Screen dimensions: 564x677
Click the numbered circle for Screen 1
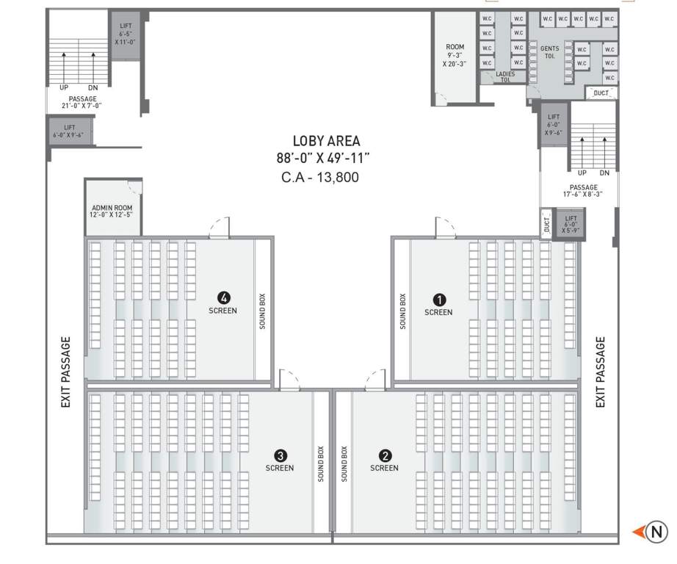pyautogui.click(x=438, y=300)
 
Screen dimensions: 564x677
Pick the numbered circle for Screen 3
pyautogui.click(x=279, y=455)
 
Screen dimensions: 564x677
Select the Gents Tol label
pyautogui.click(x=549, y=52)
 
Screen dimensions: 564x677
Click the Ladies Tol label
pyautogui.click(x=504, y=76)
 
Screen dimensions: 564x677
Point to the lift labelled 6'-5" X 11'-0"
pyautogui.click(x=126, y=35)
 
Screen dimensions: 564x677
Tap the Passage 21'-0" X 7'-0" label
pyautogui.click(x=82, y=102)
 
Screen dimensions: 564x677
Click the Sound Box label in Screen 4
pyautogui.click(x=263, y=311)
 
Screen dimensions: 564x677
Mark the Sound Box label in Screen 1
pyautogui.click(x=402, y=311)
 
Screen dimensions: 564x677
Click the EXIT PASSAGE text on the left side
pyautogui.click(x=66, y=372)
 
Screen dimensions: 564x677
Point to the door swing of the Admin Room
pyautogui.click(x=134, y=185)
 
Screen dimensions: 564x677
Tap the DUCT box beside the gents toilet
pyautogui.click(x=601, y=93)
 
